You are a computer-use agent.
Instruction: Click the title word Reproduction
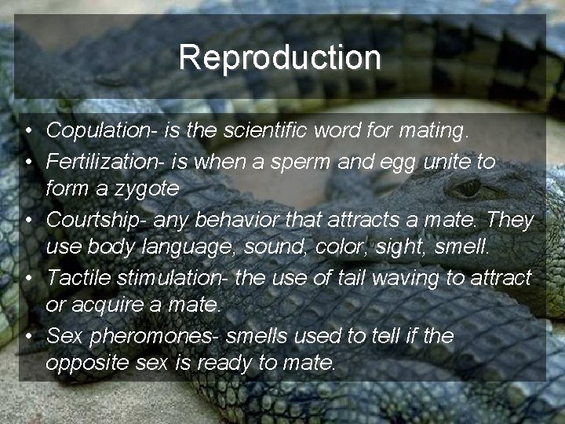coord(279,57)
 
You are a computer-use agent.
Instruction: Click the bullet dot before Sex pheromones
coord(27,336)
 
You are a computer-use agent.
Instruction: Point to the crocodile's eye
coord(468,188)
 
